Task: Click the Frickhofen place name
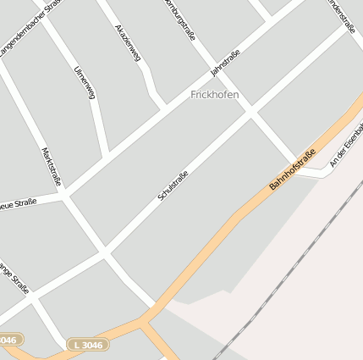tap(214, 94)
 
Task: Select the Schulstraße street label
tap(173, 186)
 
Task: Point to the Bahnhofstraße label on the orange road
tap(292, 169)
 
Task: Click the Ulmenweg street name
tap(84, 82)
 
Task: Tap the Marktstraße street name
tap(52, 166)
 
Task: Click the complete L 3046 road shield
tap(87, 345)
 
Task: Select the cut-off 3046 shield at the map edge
tap(9, 340)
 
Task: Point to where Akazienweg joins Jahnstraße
tap(163, 108)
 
